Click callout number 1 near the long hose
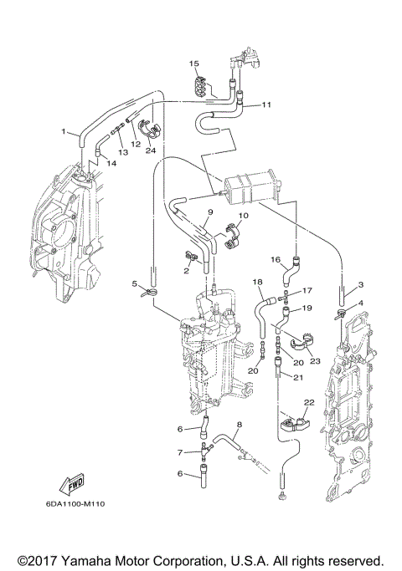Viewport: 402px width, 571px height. coord(64,131)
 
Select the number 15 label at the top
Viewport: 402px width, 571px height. coord(193,64)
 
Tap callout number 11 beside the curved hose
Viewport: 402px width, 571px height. coord(267,105)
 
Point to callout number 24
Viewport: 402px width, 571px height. coord(152,150)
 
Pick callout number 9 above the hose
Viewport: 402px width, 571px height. coord(201,212)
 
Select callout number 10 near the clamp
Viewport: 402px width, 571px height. coord(244,217)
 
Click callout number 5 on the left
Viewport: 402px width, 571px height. coord(133,283)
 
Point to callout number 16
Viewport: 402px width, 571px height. coord(275,260)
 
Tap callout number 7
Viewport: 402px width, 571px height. coord(178,453)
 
